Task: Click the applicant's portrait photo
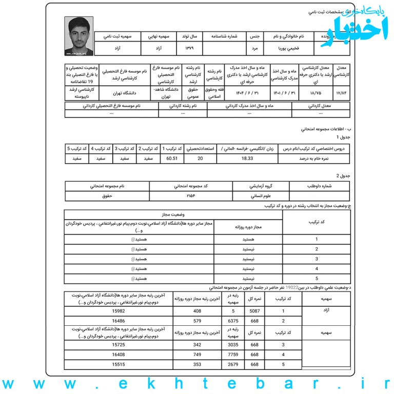coord(79,36)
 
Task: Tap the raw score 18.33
coord(247,159)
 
